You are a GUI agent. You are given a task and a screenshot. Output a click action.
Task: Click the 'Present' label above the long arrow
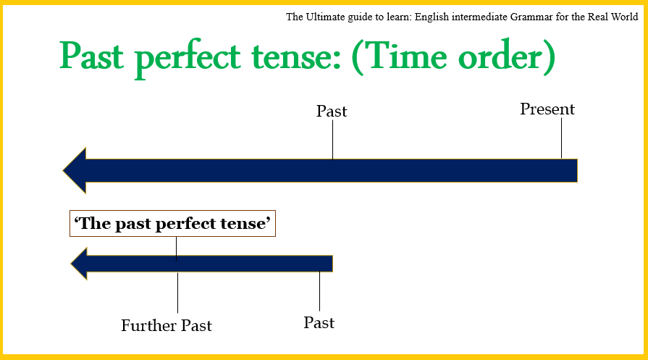pos(547,109)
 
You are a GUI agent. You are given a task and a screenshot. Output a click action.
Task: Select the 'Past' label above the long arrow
pos(332,112)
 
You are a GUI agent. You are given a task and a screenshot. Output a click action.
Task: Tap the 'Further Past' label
pos(167,325)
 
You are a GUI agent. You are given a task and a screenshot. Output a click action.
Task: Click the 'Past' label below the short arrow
pos(319,322)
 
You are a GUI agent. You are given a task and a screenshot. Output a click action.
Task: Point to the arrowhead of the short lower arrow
pos(80,263)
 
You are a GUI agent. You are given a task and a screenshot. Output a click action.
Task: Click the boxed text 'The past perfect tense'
pos(174,224)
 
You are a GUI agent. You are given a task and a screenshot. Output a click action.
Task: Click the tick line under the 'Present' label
pos(561,138)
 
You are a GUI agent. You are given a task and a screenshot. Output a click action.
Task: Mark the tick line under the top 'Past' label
pos(332,139)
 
